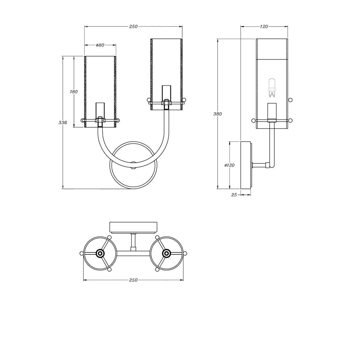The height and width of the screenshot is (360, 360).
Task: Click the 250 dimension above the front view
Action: pyautogui.click(x=133, y=27)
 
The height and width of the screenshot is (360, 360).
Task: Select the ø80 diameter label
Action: pyautogui.click(x=100, y=45)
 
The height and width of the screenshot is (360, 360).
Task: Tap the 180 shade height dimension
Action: pyautogui.click(x=74, y=92)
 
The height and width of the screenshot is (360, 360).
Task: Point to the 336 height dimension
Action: pyautogui.click(x=63, y=123)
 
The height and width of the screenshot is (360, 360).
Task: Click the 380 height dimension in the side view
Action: pyautogui.click(x=218, y=114)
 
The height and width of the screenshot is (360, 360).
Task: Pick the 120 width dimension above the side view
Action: pyautogui.click(x=264, y=27)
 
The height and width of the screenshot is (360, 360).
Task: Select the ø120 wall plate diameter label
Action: pyautogui.click(x=229, y=165)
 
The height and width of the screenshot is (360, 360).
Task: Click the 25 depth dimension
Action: pyautogui.click(x=234, y=195)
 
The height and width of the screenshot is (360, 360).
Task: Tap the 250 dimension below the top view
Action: pyautogui.click(x=133, y=280)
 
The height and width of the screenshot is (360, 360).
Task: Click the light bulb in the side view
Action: pyautogui.click(x=272, y=88)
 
